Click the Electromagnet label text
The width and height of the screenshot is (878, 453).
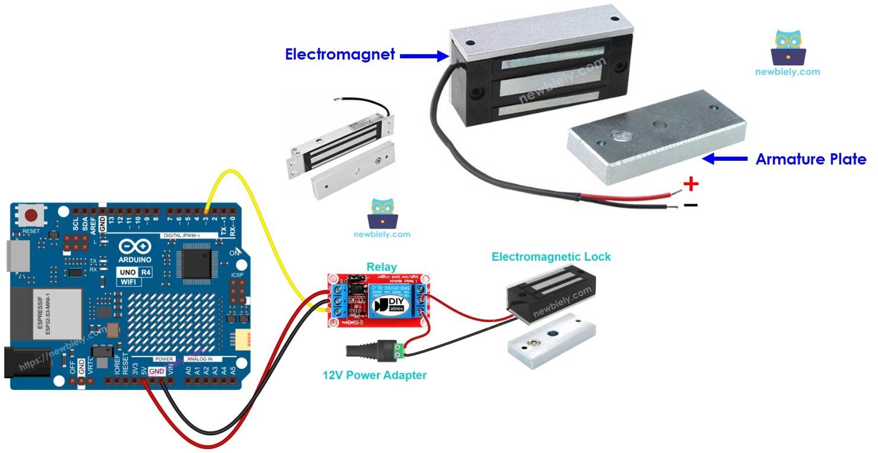[x=340, y=55]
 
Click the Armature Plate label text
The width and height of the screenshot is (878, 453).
[x=810, y=159]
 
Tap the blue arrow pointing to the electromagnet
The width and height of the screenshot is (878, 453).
[x=424, y=56]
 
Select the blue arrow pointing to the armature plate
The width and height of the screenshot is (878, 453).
[x=724, y=159]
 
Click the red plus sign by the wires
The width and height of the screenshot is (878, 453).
[x=690, y=185]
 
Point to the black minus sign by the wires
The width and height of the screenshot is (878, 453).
[x=690, y=205]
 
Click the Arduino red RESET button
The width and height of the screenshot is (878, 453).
[x=31, y=216]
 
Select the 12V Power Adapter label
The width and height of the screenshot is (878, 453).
[x=374, y=375]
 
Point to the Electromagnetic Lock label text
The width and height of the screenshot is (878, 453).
[x=551, y=256]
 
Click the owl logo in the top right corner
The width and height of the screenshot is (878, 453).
[x=788, y=48]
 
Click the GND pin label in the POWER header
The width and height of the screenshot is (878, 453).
[x=157, y=371]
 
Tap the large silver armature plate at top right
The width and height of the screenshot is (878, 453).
[x=656, y=137]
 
